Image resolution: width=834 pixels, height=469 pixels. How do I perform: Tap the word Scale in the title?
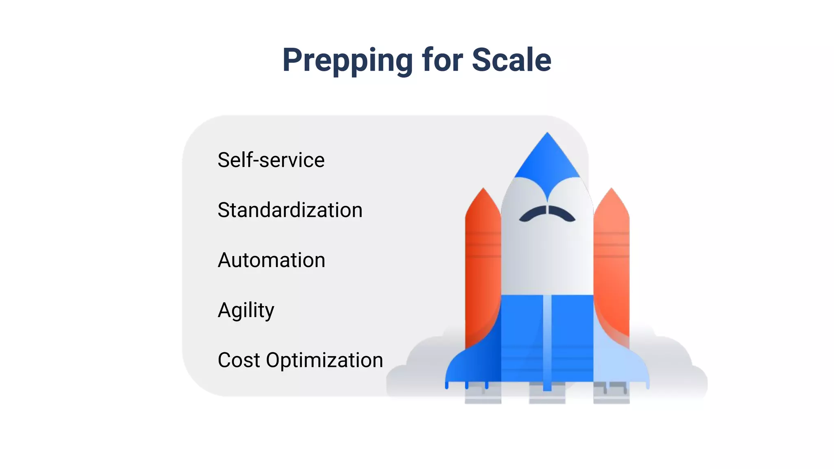pyautogui.click(x=511, y=60)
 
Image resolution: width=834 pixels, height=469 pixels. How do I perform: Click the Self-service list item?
pyautogui.click(x=271, y=160)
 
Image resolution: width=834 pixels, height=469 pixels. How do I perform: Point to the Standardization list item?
pyautogui.click(x=290, y=210)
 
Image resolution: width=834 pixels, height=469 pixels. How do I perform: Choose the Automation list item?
pyautogui.click(x=271, y=260)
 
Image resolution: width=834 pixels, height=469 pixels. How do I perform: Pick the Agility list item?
pyautogui.click(x=246, y=311)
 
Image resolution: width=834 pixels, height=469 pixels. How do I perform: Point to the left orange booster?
pyautogui.click(x=483, y=265)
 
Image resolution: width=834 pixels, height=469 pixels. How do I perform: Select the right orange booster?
pyautogui.click(x=611, y=265)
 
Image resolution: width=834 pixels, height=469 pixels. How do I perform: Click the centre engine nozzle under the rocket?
pyautogui.click(x=547, y=393)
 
